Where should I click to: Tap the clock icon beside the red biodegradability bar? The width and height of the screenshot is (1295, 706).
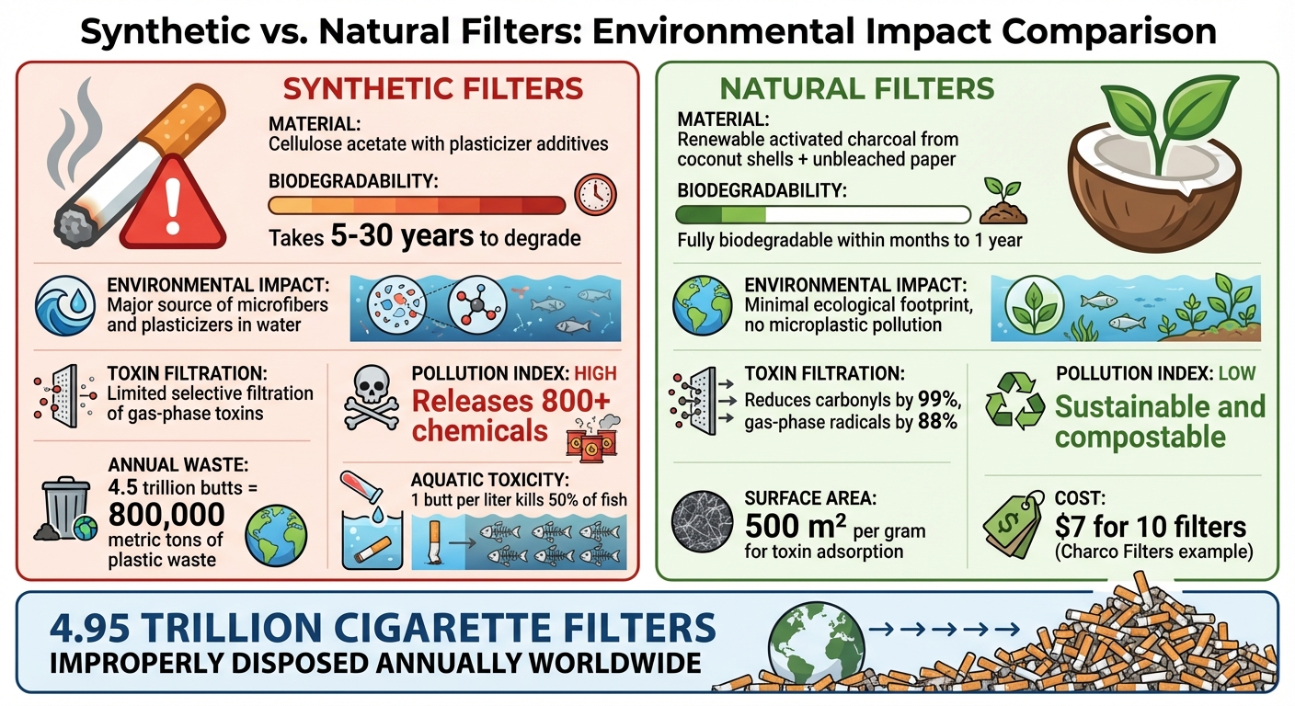point(595,194)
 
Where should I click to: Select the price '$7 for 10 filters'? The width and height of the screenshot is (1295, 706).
point(1151,527)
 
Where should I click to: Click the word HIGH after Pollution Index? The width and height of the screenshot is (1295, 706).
point(595,374)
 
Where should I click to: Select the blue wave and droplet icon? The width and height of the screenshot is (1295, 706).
point(65,307)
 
